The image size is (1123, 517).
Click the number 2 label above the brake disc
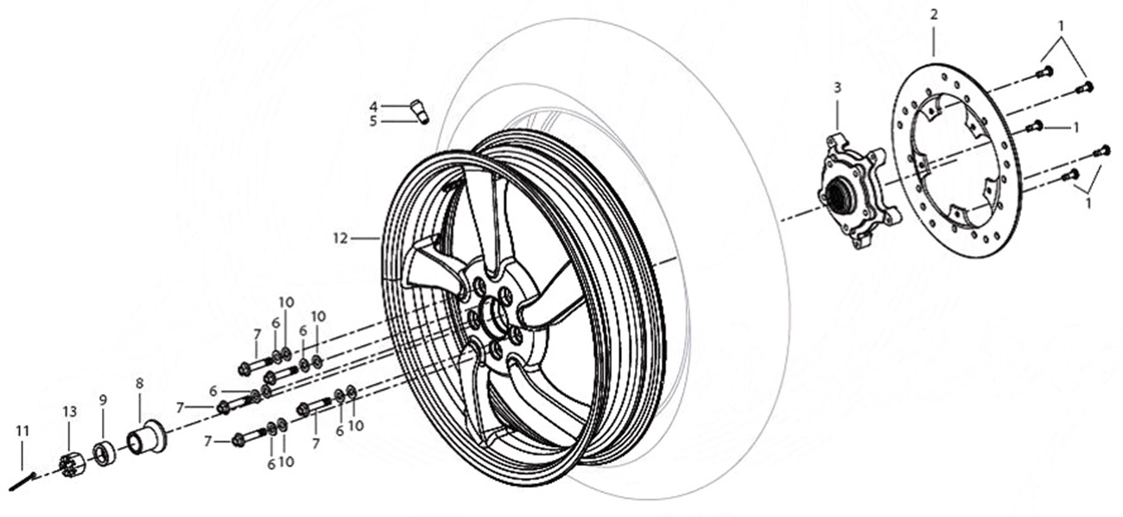click(x=934, y=15)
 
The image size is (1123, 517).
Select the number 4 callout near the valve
click(x=373, y=106)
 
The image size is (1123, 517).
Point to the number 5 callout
click(x=373, y=121)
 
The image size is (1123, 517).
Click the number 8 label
click(x=139, y=382)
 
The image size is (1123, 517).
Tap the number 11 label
click(x=22, y=430)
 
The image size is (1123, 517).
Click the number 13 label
click(x=69, y=413)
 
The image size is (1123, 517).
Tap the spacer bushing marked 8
click(x=147, y=437)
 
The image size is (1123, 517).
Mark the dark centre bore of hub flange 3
click(x=840, y=196)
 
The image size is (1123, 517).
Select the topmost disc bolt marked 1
click(x=1044, y=71)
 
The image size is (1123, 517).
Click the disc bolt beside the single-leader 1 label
click(x=1032, y=126)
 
